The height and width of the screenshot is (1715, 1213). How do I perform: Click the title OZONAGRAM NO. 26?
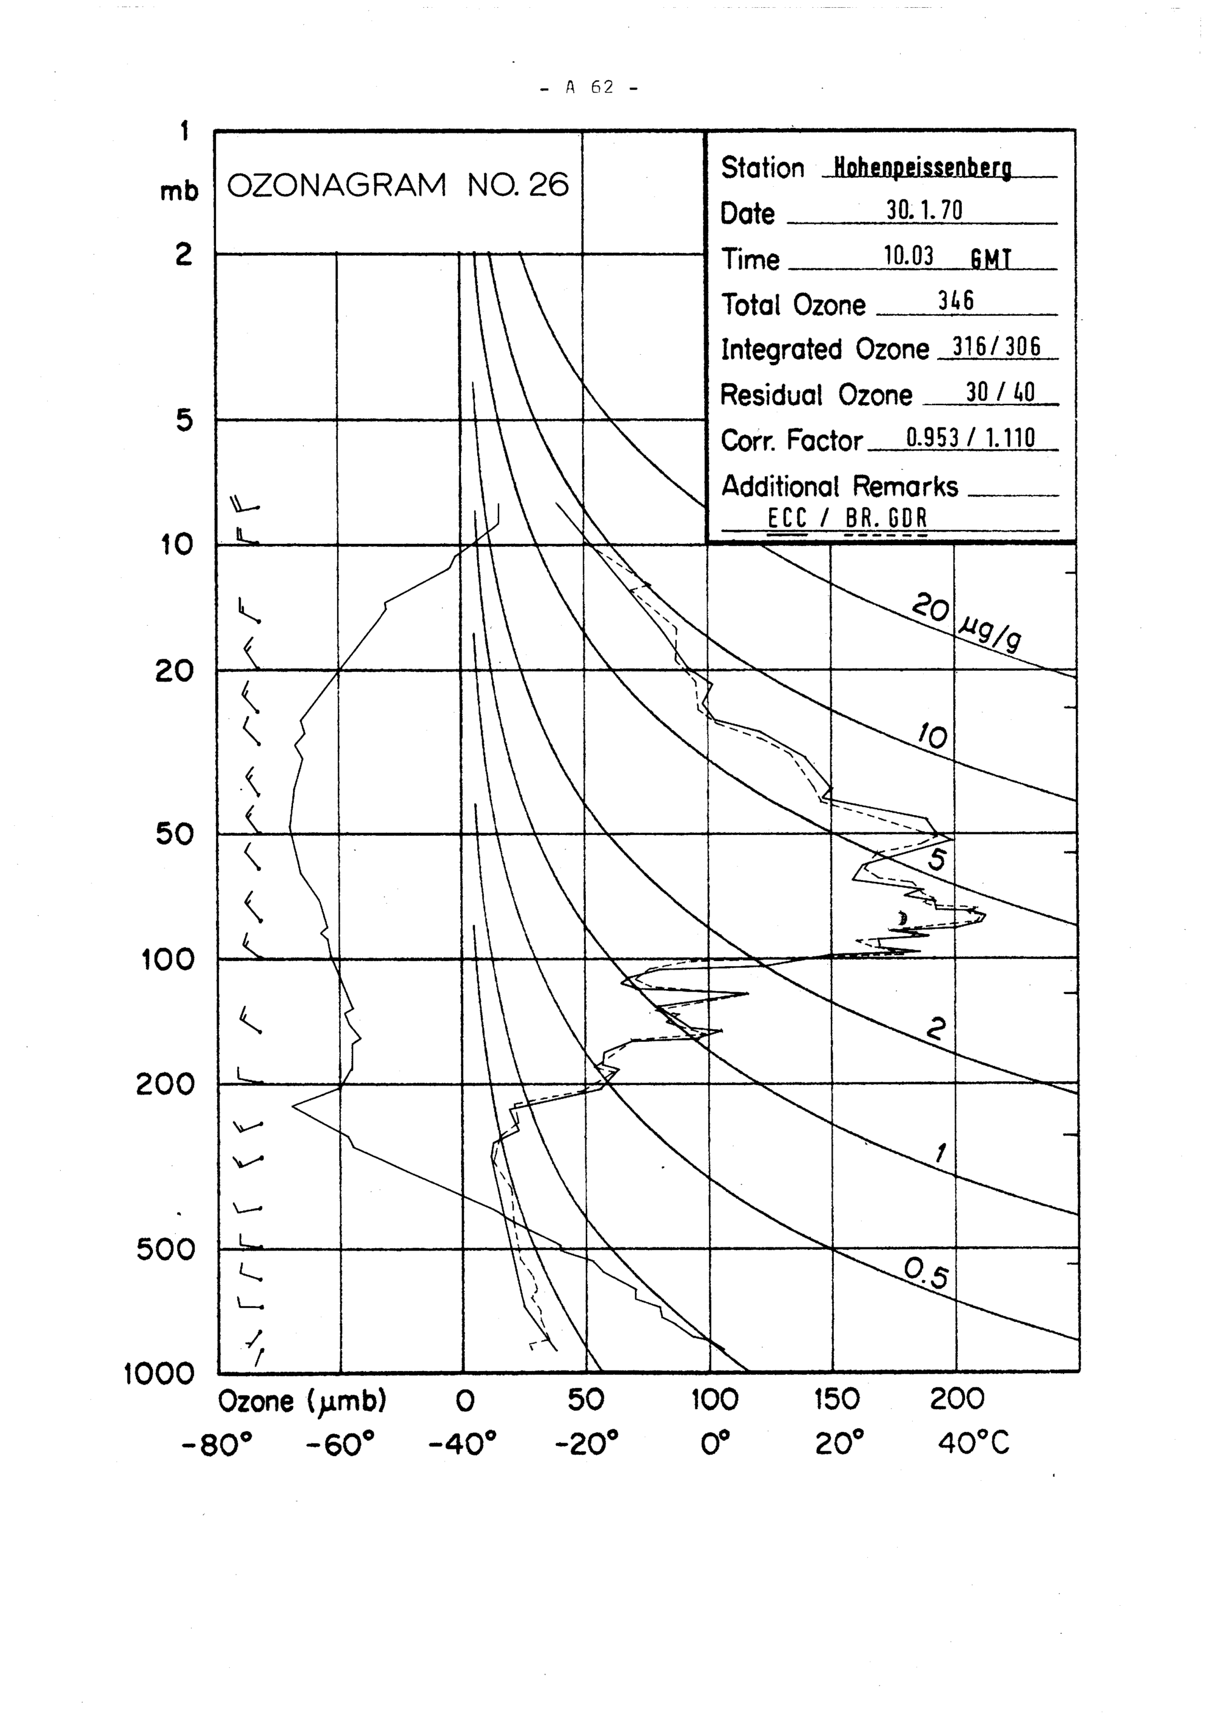(x=397, y=184)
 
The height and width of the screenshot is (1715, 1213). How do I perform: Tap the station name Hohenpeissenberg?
(x=922, y=168)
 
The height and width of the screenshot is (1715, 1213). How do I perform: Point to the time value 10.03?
(x=909, y=256)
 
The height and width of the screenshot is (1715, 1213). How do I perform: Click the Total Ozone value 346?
(x=955, y=301)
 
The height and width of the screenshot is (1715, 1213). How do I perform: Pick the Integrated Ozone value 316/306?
(x=996, y=347)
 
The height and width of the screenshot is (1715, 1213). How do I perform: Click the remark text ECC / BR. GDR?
(x=847, y=518)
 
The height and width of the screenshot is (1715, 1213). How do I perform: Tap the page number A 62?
(x=590, y=87)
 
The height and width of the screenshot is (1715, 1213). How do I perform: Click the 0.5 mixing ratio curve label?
(x=926, y=1273)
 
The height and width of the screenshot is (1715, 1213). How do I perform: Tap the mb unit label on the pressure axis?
(x=180, y=192)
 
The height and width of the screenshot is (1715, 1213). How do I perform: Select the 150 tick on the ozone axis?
(x=836, y=1400)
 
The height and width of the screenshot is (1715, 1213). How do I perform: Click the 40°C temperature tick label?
(x=973, y=1443)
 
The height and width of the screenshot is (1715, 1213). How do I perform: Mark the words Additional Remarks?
(x=839, y=486)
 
